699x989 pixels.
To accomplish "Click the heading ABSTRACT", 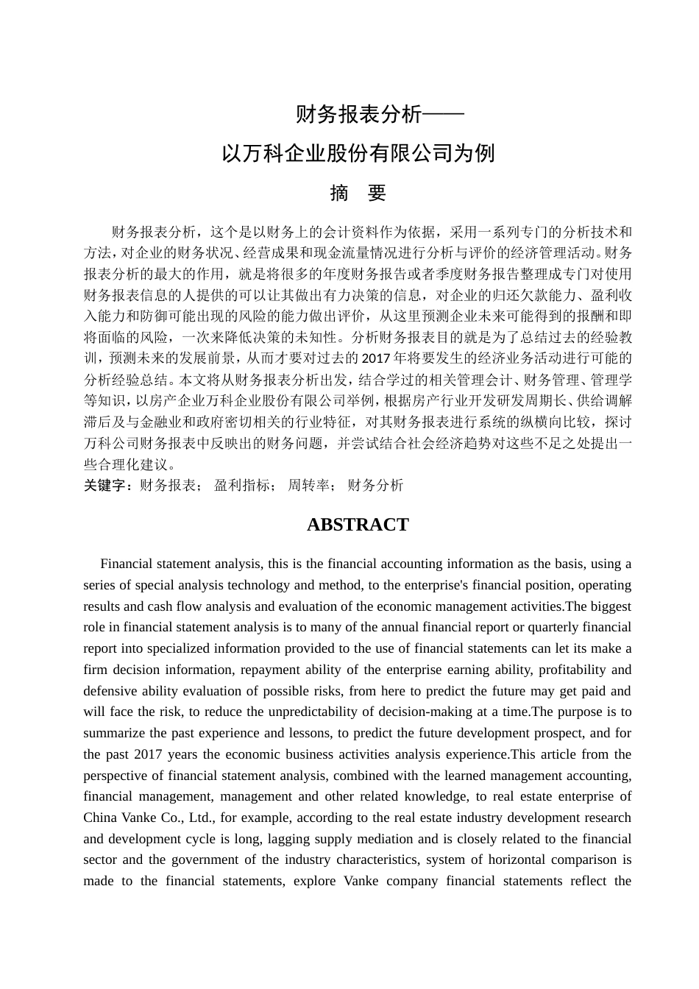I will pyautogui.click(x=358, y=525).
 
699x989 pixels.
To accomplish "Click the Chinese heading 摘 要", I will pyautogui.click(x=358, y=193).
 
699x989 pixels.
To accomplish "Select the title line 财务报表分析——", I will pyautogui.click(x=380, y=115).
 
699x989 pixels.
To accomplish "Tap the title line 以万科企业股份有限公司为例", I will pyautogui.click(x=358, y=154).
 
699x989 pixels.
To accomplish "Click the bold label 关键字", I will pyautogui.click(x=107, y=486).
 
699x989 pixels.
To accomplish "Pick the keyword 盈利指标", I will pyautogui.click(x=242, y=486).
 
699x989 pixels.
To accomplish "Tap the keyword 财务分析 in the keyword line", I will pyautogui.click(x=375, y=486).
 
